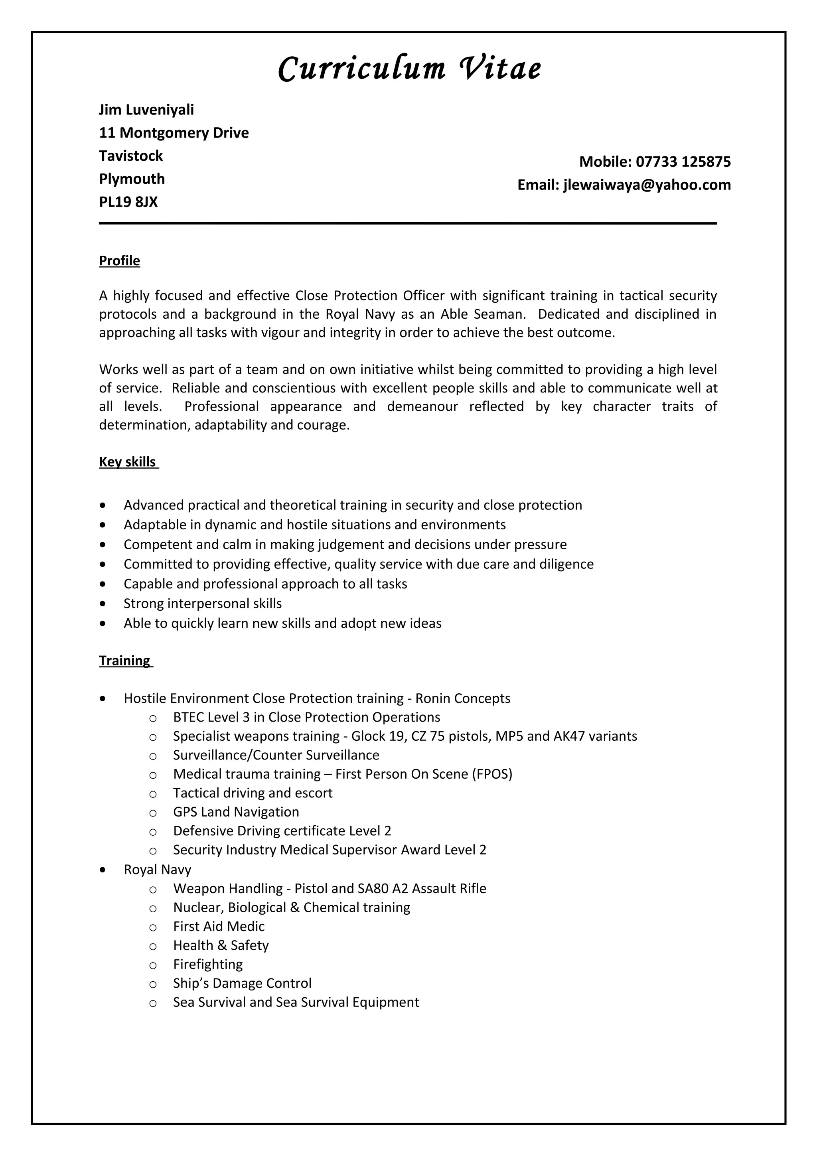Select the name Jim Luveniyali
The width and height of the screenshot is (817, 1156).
point(146,110)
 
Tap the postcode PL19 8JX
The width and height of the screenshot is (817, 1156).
point(128,202)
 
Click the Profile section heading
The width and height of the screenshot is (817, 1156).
point(119,261)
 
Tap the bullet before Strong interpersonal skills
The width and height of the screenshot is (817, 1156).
point(103,604)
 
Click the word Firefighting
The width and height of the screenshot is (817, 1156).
point(208,964)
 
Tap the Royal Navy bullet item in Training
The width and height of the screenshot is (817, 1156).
point(158,870)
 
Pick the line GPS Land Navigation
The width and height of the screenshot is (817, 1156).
point(236,812)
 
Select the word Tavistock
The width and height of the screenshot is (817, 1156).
point(131,156)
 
